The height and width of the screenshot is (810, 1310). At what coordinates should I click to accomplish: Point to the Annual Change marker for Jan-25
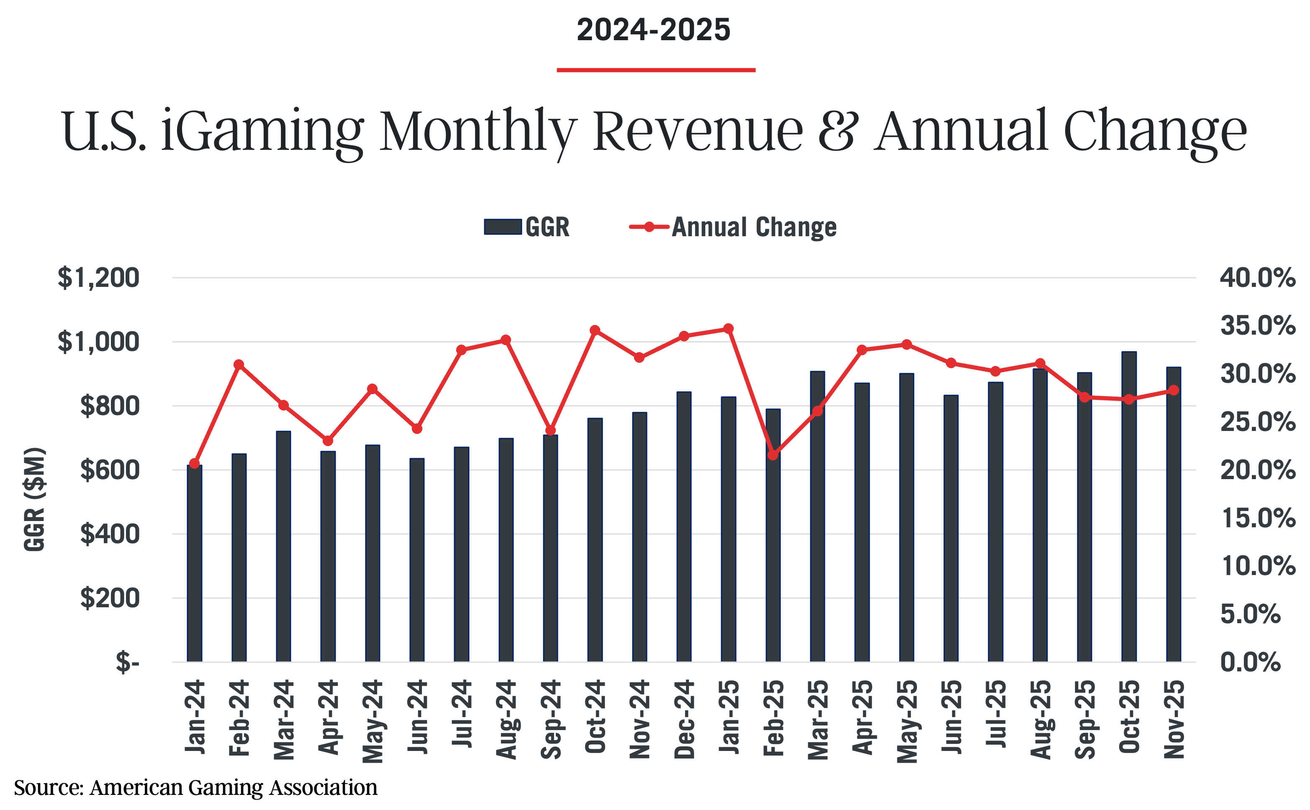728,328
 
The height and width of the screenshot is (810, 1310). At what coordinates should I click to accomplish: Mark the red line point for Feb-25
773,455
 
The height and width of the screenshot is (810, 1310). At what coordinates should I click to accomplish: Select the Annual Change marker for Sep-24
550,430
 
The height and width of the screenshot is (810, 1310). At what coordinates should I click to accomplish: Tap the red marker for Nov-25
1174,390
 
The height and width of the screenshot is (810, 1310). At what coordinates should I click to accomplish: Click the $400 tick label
110,534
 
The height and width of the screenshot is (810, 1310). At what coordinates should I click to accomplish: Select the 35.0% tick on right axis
1258,325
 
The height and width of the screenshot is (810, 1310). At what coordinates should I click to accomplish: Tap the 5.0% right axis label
1250,614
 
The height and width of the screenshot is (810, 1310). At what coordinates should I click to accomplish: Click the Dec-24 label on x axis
684,719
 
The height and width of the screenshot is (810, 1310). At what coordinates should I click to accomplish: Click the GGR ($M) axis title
35,499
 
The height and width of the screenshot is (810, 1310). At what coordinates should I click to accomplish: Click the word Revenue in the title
698,131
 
